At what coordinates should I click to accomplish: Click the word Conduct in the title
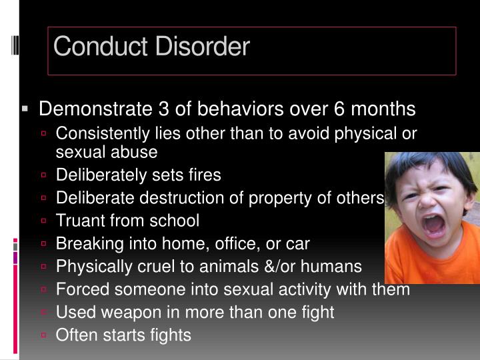click(x=93, y=47)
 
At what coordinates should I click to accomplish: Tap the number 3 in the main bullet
click(x=164, y=109)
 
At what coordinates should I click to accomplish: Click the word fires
click(x=203, y=175)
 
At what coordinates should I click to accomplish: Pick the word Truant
click(x=78, y=220)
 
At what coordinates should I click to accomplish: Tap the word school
click(x=176, y=220)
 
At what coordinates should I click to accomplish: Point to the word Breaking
click(x=84, y=244)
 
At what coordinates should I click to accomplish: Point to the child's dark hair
click(x=427, y=167)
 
